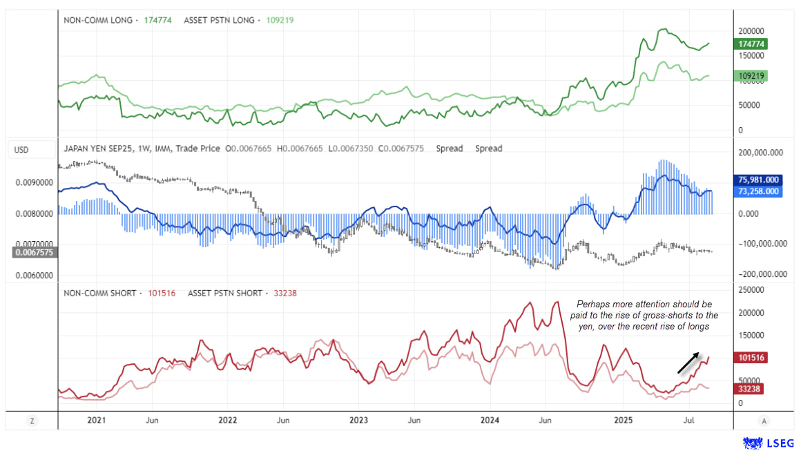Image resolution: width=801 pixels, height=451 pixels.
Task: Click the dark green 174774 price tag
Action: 751,44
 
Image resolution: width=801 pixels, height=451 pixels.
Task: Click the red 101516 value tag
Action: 751,358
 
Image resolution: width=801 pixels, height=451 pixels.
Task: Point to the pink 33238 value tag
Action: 749,389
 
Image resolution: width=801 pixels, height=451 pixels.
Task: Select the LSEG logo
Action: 769,443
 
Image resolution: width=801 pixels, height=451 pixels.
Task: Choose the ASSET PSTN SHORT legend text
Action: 224,294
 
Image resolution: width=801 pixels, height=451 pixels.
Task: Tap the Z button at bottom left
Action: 32,420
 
